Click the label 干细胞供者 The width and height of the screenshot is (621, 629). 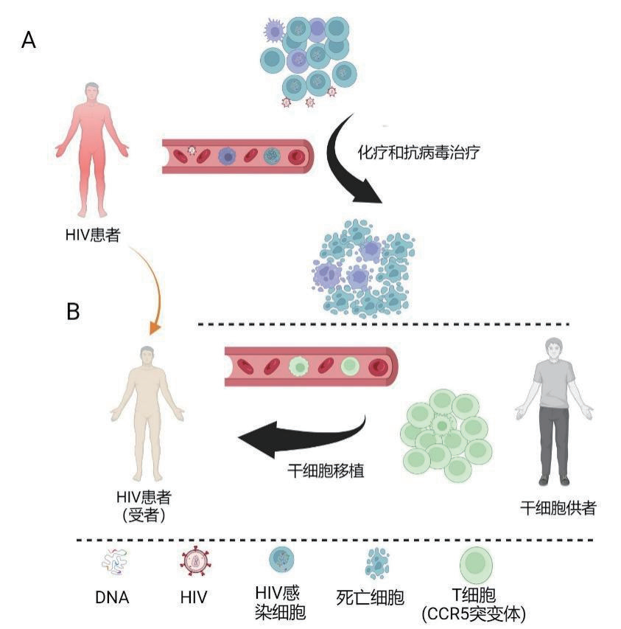click(558, 508)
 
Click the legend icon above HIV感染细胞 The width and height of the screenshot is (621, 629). click(284, 563)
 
